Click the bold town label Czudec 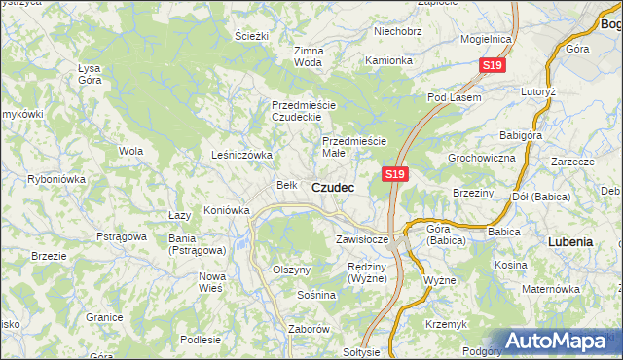click(333, 186)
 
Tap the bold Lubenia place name click(570, 240)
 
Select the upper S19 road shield click(493, 65)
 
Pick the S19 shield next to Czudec click(393, 174)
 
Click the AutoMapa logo click(561, 341)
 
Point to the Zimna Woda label click(308, 56)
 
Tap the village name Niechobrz click(397, 31)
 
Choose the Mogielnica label click(487, 39)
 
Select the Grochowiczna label click(481, 157)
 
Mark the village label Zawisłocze click(362, 238)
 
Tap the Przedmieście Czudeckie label click(303, 111)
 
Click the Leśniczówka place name click(241, 155)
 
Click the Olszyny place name click(291, 270)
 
